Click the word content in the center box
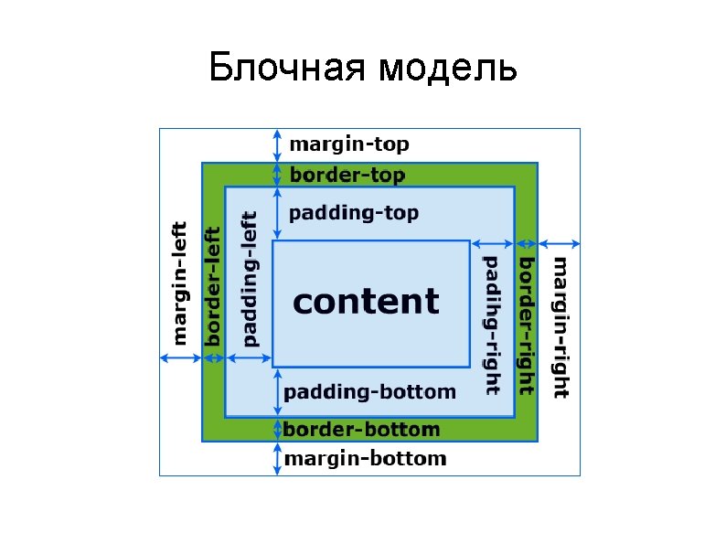pos(366,302)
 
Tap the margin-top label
pos(349,144)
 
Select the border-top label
pos(347,175)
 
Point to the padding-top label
pos(354,214)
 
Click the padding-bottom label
pos(369,392)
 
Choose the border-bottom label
pos(361,430)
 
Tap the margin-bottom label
pos(365,459)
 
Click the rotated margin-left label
pos(179,282)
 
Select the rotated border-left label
pos(213,286)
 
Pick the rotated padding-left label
pos(249,279)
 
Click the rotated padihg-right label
pos(492,325)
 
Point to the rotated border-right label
pos(527,325)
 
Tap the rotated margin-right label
pos(561,327)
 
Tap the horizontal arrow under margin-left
pos(181,357)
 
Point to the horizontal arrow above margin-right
pos(560,243)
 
